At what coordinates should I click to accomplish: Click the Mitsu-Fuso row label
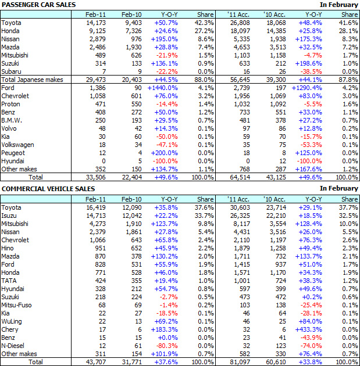[16, 305]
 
